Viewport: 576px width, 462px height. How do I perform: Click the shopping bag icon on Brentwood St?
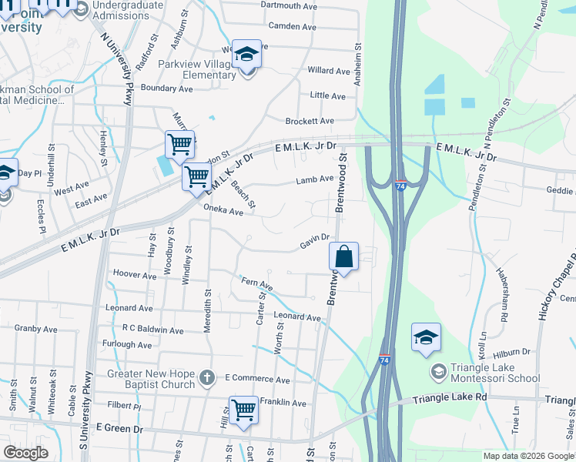click(344, 256)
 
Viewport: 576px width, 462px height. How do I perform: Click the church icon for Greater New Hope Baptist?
click(206, 377)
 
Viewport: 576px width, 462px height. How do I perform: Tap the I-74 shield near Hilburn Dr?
click(384, 360)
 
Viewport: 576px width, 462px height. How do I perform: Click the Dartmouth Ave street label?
click(289, 5)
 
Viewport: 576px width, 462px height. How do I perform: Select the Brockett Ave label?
click(310, 121)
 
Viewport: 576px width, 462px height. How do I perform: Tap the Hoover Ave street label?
click(134, 274)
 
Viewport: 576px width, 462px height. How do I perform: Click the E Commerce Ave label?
click(257, 380)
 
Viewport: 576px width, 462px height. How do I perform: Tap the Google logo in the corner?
click(27, 452)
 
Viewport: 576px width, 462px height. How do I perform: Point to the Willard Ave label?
click(329, 71)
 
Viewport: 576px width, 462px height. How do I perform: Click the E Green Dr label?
click(119, 428)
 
